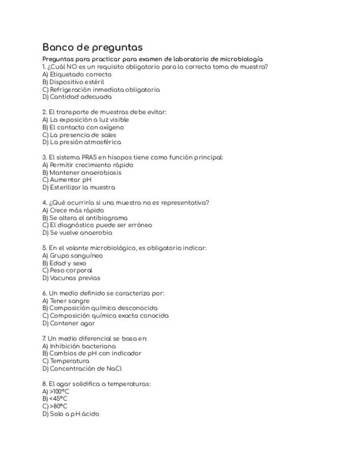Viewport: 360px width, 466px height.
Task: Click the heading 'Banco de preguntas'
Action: (x=92, y=47)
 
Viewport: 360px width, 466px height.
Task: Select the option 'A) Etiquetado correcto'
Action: (x=77, y=74)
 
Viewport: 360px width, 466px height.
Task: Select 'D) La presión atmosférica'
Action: (x=81, y=142)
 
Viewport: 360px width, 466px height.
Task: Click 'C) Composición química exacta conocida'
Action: (x=106, y=316)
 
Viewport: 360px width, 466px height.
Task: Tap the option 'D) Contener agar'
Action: (x=69, y=323)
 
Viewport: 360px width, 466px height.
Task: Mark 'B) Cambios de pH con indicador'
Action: (x=92, y=353)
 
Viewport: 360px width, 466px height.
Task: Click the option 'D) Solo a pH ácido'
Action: (x=71, y=414)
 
